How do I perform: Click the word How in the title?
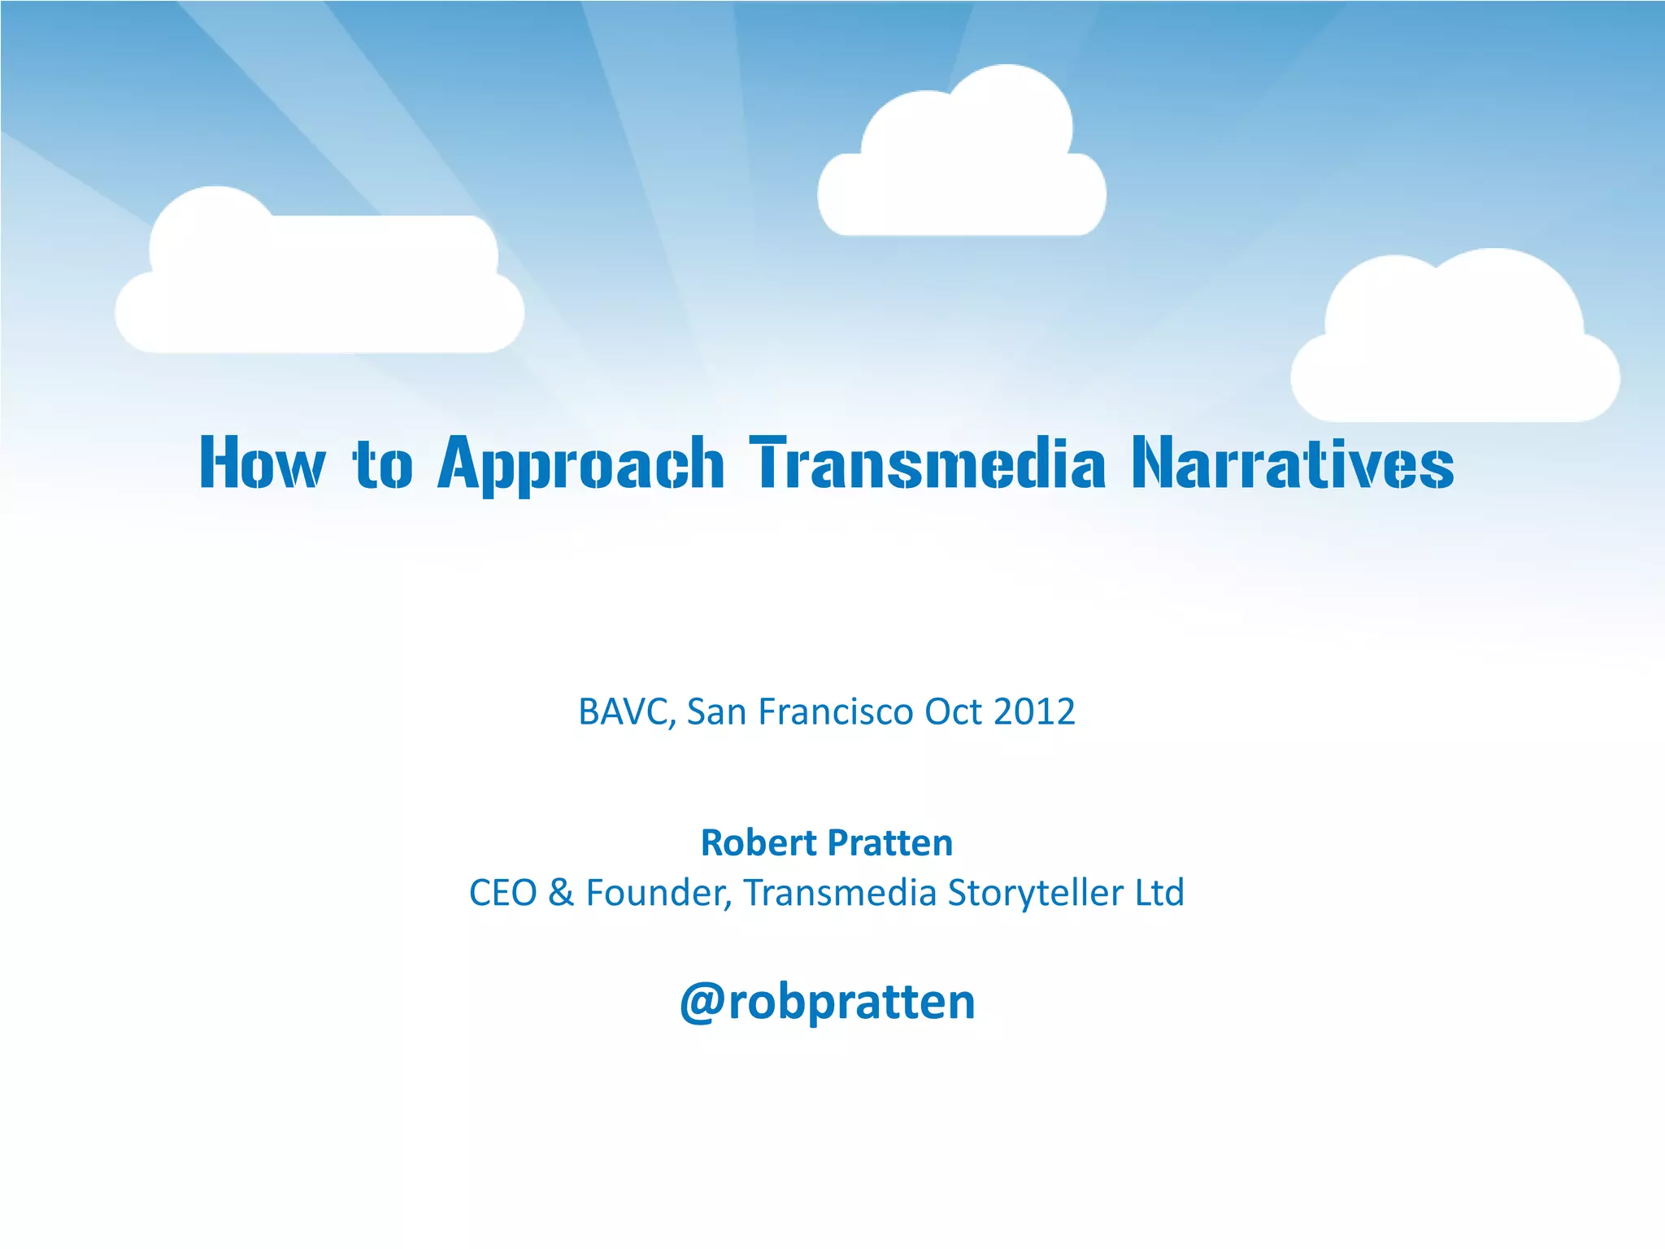click(x=262, y=463)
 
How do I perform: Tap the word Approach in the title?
click(x=580, y=463)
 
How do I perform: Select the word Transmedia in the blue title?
click(x=927, y=463)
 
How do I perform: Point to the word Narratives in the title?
click(x=1293, y=463)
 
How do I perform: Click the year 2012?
click(x=1033, y=712)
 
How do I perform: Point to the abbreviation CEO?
click(x=502, y=893)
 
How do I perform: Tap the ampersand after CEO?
click(x=560, y=893)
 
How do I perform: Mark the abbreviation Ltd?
click(x=1159, y=893)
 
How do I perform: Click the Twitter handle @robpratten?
click(x=827, y=1002)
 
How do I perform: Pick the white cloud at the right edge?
click(x=1455, y=350)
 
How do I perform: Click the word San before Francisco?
click(x=716, y=712)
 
